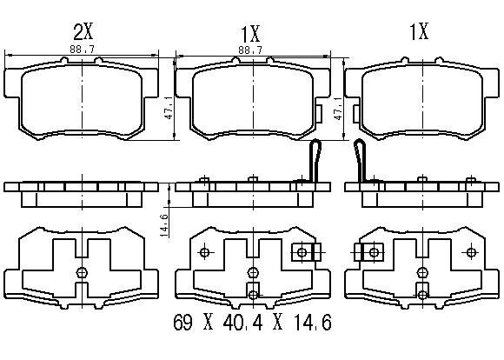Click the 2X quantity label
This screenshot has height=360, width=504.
(83, 31)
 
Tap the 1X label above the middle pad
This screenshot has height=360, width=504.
(250, 34)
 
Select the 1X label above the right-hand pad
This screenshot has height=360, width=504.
(419, 31)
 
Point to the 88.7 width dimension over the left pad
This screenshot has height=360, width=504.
(82, 50)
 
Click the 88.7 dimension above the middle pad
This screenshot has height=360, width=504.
(250, 50)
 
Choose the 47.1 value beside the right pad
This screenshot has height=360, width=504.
(338, 108)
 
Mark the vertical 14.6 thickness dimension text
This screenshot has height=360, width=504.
(164, 225)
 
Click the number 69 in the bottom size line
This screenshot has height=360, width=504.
(183, 323)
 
